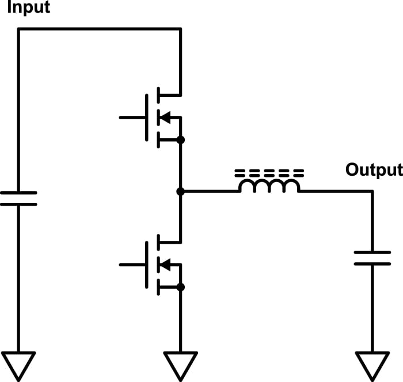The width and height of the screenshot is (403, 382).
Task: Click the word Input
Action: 28,8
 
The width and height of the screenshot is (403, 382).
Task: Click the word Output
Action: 374,170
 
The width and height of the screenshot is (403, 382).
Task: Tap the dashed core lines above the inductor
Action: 269,172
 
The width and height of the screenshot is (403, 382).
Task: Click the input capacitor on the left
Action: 18,199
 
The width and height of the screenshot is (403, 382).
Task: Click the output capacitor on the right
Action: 372,258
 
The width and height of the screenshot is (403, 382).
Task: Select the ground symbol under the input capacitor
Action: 18,364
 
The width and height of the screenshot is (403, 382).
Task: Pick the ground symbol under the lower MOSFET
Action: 180,364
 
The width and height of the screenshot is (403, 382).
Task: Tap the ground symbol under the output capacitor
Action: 372,364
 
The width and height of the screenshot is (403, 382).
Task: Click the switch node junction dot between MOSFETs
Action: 180,191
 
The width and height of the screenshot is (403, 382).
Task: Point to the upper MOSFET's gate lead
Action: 132,118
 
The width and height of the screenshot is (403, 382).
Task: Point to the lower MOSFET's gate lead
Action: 132,264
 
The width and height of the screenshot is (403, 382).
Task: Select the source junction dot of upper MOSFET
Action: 180,140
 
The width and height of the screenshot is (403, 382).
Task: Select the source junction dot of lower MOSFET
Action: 180,287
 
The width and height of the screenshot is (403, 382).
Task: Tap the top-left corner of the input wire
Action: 18,29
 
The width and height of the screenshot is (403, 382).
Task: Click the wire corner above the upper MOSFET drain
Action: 180,29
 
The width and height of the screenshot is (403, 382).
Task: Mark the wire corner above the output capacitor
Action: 372,191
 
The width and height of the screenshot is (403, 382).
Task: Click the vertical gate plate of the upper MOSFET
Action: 147,118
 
